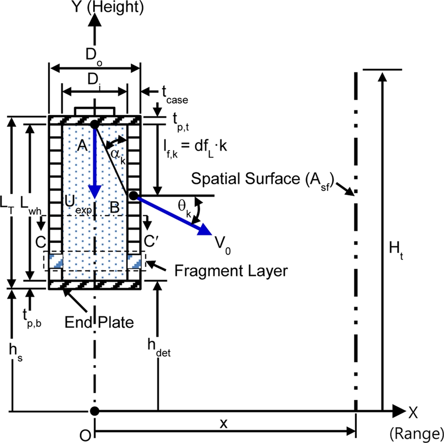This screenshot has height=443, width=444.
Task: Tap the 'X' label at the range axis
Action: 413,412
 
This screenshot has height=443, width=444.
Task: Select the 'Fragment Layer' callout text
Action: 231,270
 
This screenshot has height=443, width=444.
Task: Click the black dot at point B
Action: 132,195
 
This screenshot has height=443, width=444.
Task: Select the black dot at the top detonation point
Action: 94,124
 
